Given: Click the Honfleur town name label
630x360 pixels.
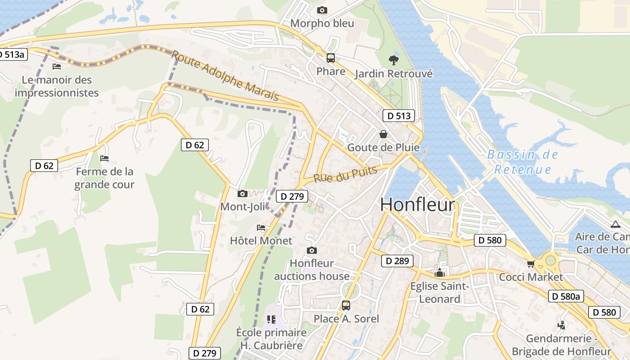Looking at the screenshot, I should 418,205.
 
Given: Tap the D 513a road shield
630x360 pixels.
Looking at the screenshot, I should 13,54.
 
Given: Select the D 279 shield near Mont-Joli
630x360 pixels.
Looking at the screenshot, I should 292,196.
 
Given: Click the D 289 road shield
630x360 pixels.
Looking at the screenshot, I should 397,261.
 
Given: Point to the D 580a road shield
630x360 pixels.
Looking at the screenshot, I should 567,296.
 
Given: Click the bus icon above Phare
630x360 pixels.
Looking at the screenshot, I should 331,58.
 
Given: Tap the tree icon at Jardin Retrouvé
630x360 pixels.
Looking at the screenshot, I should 394,60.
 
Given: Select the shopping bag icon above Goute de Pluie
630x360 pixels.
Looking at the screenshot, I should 383,134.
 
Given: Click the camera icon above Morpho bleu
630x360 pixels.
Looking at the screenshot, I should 322,10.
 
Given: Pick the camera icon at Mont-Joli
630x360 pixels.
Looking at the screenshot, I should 243,194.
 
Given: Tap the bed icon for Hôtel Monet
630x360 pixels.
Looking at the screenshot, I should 261,228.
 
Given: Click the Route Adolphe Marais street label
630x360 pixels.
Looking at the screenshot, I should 225,76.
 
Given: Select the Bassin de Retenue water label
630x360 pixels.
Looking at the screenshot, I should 523,162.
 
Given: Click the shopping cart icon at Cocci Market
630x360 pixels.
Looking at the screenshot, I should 531,264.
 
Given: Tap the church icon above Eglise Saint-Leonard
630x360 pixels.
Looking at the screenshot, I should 440,273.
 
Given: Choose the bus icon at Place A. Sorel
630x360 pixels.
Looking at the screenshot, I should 346,306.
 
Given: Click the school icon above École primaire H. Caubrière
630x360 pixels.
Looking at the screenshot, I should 271,319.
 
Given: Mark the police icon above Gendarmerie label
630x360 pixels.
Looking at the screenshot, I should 561,325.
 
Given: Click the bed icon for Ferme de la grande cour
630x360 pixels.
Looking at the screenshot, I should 104,158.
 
